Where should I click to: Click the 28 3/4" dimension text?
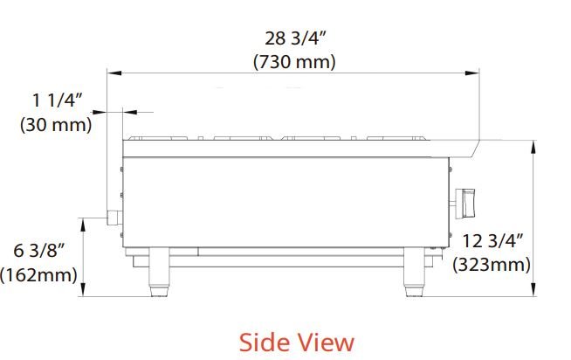tap(295, 38)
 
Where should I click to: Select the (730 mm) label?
tap(294, 61)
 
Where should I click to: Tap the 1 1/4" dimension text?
tap(58, 100)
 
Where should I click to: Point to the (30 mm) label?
tap(56, 125)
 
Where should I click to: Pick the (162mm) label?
tap(38, 274)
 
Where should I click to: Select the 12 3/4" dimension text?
tap(492, 241)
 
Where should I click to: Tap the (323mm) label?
tap(492, 265)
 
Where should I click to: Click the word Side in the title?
tap(264, 343)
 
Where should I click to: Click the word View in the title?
tap(325, 343)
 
